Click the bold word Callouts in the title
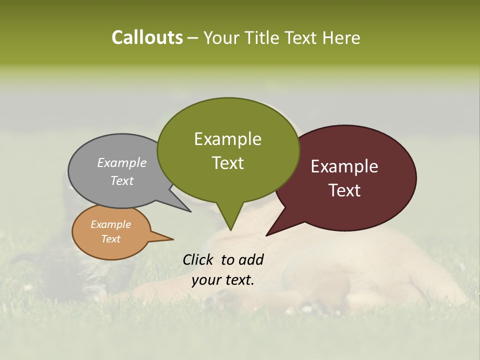click(147, 37)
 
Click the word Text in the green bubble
click(227, 162)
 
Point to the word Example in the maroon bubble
click(344, 166)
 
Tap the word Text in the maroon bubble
click(345, 190)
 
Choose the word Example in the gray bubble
click(122, 162)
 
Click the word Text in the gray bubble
click(122, 180)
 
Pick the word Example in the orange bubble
click(110, 224)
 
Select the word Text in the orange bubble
click(110, 238)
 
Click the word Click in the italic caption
click(198, 259)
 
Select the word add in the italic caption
click(251, 259)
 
